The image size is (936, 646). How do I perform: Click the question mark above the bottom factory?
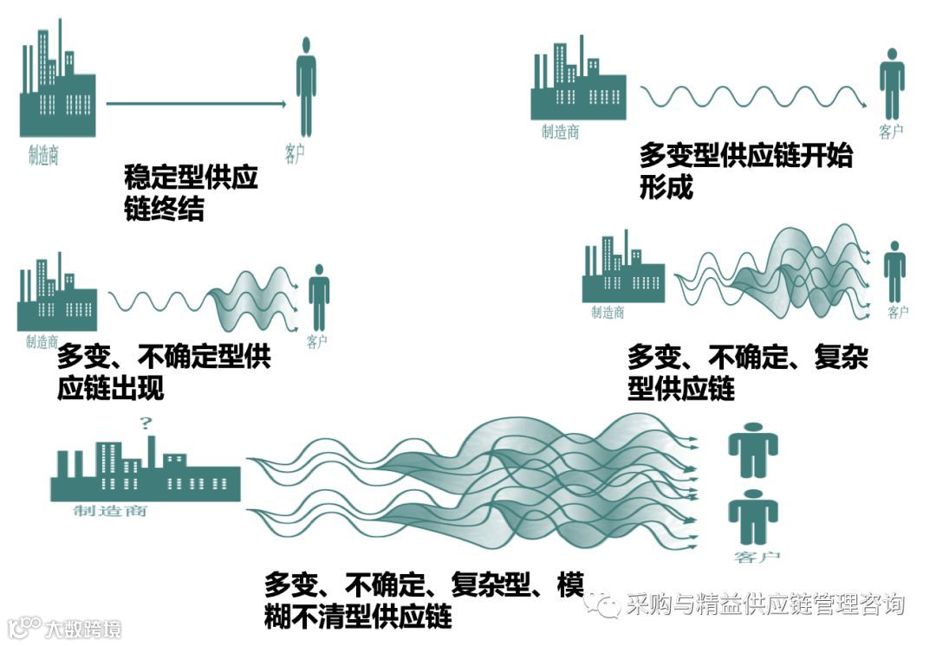click(x=146, y=423)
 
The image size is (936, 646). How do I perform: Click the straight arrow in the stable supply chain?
click(x=196, y=103)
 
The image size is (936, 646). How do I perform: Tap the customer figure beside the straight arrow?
click(x=305, y=87)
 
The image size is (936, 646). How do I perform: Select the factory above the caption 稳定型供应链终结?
click(x=57, y=87)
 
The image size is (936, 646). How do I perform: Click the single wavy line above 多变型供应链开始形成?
click(x=752, y=95)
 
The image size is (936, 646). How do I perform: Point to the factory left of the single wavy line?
click(x=578, y=82)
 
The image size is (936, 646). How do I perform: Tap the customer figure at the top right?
click(x=892, y=82)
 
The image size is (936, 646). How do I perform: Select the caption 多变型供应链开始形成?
click(x=745, y=171)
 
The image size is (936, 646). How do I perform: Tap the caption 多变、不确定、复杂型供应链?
click(x=747, y=372)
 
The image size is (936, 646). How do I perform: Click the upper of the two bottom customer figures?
click(x=752, y=448)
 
